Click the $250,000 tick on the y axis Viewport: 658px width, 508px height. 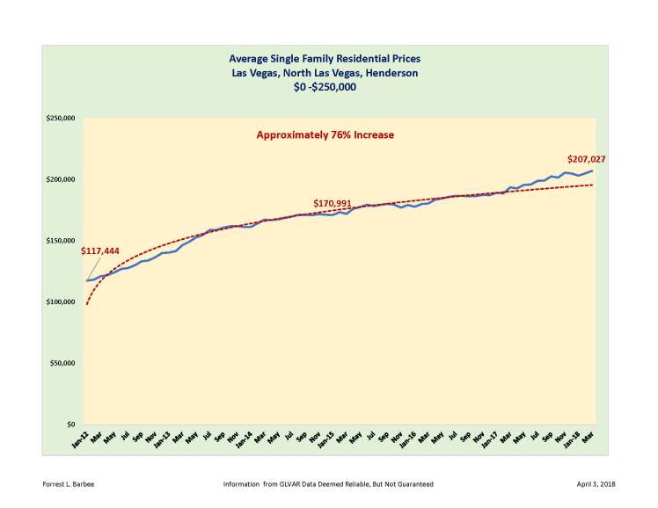tap(61, 119)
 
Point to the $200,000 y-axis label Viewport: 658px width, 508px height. tap(61, 180)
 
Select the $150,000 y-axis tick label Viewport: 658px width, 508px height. tap(61, 241)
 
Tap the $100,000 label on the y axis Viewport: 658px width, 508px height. tap(61, 302)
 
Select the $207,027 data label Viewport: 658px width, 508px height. tap(587, 160)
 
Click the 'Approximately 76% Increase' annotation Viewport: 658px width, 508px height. tap(325, 135)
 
